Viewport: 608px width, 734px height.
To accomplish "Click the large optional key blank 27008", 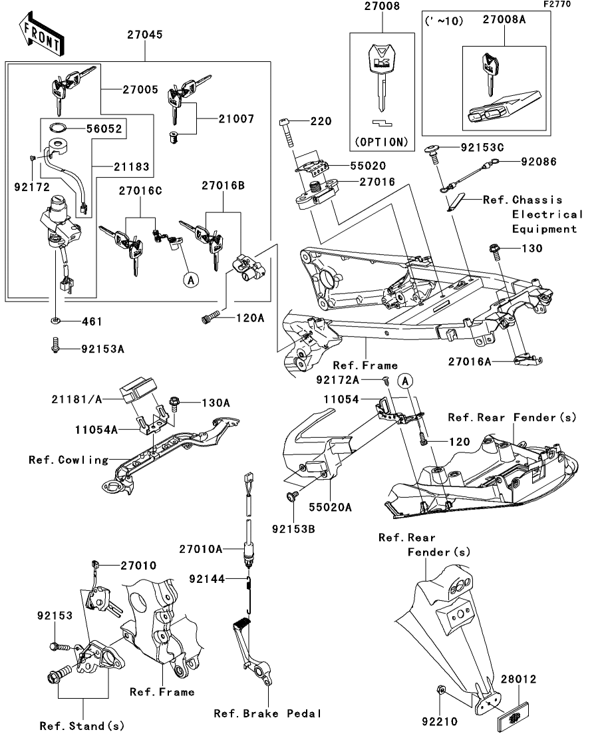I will tap(380, 77).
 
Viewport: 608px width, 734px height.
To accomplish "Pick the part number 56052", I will tap(104, 129).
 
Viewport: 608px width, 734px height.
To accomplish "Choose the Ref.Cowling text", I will tap(69, 459).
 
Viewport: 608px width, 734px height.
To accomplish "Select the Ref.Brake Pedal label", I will tap(267, 713).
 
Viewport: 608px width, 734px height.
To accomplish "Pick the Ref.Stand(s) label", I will tap(82, 725).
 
